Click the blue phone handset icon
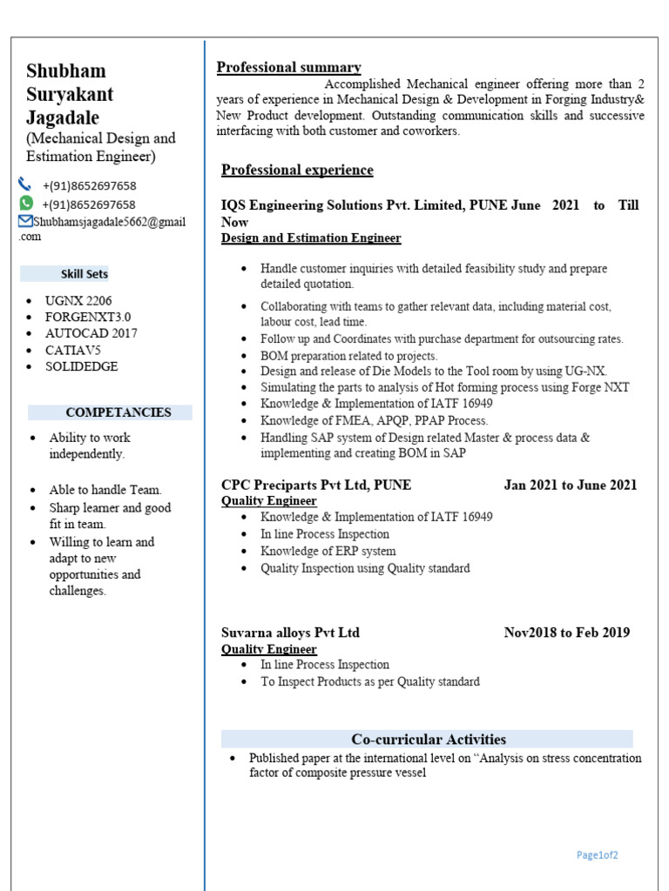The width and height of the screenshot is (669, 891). (x=24, y=184)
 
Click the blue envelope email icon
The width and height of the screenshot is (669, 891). (x=24, y=222)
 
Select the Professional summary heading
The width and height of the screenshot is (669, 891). (x=288, y=68)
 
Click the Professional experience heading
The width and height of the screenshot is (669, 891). (x=297, y=170)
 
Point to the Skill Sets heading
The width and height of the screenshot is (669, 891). (x=84, y=274)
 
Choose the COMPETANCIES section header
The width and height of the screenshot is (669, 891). (x=118, y=412)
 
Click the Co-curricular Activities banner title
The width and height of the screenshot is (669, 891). (x=428, y=740)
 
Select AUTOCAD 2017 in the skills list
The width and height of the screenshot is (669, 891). (x=91, y=333)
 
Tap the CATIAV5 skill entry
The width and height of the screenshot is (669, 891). (x=73, y=350)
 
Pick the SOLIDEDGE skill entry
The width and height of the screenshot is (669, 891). (x=81, y=366)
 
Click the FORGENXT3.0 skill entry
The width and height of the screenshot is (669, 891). (x=87, y=317)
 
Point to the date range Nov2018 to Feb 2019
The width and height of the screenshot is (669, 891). (x=566, y=633)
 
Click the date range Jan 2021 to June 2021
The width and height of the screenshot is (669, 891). (x=570, y=485)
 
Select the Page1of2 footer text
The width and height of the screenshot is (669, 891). (x=597, y=855)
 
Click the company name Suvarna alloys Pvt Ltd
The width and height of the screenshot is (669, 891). (x=290, y=633)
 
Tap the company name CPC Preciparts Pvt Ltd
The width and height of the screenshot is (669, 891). (x=316, y=485)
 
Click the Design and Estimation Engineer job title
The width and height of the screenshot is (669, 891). (x=311, y=238)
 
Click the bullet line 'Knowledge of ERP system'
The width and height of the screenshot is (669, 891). (x=328, y=551)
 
